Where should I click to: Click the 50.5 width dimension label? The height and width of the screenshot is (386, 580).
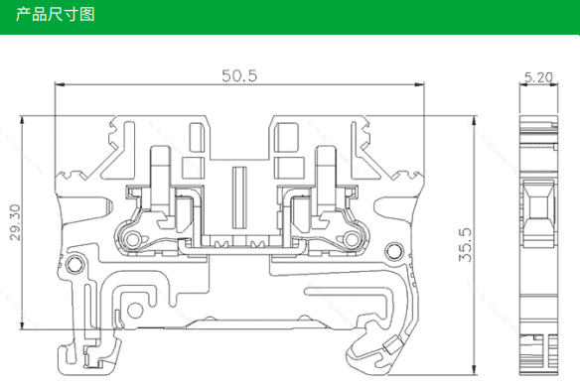pos(239,75)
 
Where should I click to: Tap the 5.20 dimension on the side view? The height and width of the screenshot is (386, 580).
pos(538,77)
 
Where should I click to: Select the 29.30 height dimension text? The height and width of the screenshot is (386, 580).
pos(16,222)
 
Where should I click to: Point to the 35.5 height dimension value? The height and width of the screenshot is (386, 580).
pos(466,245)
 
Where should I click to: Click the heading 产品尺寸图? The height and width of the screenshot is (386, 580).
pos(55,15)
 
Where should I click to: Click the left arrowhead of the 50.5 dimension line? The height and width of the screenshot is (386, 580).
pos(60,84)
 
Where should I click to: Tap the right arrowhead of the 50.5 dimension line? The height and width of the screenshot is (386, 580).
pos(419,84)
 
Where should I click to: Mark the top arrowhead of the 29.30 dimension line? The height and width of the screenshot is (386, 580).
pos(22,121)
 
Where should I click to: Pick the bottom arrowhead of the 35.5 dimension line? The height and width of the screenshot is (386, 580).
pos(474,369)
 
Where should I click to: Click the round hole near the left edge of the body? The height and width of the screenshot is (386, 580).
pos(74,264)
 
